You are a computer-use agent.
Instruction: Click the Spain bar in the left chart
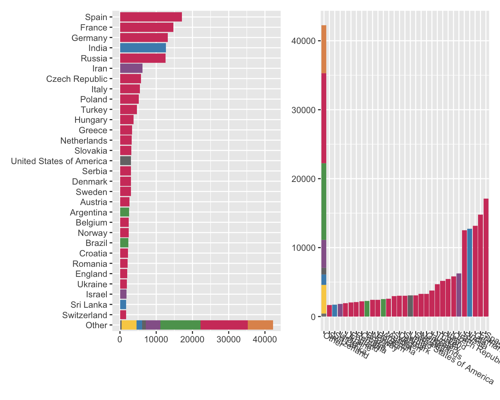[151, 17]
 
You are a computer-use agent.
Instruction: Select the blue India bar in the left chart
[143, 48]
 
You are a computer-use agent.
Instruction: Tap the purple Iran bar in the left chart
[131, 68]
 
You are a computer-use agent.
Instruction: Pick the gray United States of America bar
[125, 161]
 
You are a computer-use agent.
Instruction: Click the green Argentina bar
[124, 212]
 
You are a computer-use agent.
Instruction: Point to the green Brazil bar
[124, 243]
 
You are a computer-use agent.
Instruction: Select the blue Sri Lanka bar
[123, 305]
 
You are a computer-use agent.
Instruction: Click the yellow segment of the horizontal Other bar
[129, 325]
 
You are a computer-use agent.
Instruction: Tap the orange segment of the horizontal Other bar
[260, 325]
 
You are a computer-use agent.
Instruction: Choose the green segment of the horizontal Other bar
[180, 325]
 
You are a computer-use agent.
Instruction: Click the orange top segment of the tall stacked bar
[324, 49]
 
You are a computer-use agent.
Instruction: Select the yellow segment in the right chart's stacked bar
[324, 299]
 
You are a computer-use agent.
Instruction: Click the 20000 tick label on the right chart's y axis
[303, 179]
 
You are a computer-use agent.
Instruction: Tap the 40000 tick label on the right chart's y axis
[303, 41]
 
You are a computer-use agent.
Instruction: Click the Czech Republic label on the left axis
[77, 79]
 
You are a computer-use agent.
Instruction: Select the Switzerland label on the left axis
[85, 315]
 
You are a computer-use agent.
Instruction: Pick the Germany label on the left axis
[89, 38]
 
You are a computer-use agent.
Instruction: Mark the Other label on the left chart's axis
[96, 325]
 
